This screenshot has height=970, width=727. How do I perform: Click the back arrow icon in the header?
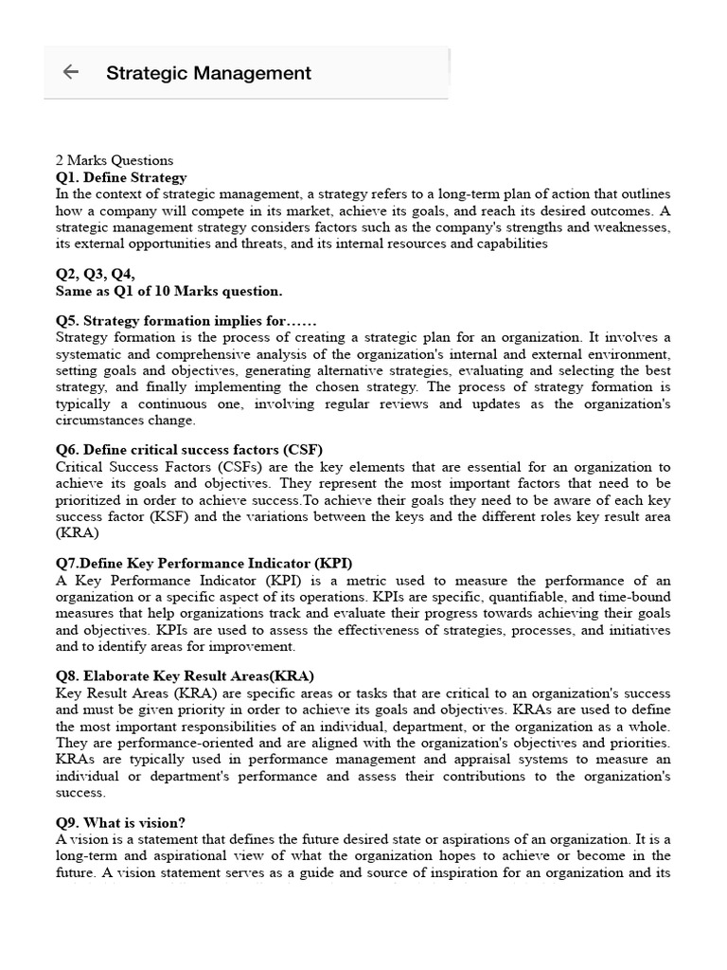tap(70, 72)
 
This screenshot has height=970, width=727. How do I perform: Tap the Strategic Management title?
tap(208, 73)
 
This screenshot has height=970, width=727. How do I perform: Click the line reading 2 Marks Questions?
tap(115, 160)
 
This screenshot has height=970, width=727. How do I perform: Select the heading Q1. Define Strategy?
tap(121, 177)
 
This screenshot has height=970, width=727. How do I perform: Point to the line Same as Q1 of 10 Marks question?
tap(168, 291)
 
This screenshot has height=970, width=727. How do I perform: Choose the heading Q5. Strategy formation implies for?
tap(186, 321)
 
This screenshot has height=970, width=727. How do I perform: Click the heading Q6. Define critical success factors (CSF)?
tap(196, 450)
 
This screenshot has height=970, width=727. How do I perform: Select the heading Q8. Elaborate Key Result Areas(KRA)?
tap(185, 675)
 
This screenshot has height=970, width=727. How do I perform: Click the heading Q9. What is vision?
tap(120, 823)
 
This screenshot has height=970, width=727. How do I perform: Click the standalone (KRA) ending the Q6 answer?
tap(77, 533)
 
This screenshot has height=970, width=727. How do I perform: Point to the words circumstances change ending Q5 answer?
tap(125, 420)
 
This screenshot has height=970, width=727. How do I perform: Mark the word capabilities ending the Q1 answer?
tap(512, 243)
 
